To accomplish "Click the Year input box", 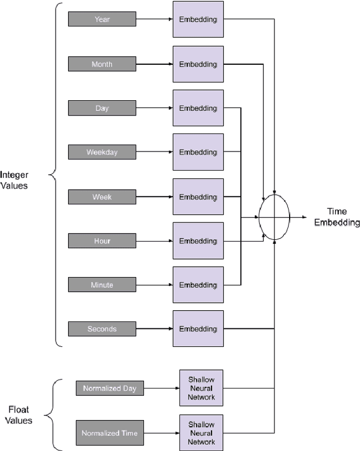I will (102, 19).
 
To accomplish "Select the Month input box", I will (102, 64).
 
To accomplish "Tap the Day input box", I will (102, 108).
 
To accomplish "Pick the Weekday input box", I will (102, 152).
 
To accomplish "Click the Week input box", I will (102, 197).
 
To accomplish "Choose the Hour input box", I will (102, 241).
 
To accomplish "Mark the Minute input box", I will (102, 285).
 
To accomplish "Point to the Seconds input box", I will (102, 329).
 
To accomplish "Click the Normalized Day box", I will (110, 389).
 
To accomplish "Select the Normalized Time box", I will (110, 433).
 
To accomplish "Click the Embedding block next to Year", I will (198, 20).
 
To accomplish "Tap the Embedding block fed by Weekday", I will (198, 152).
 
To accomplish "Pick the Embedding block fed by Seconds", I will (198, 329).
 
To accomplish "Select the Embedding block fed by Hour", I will (198, 241).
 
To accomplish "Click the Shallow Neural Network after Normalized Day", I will (201, 389).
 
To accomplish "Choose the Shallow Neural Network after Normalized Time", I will (201, 433).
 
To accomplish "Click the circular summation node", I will (274, 217).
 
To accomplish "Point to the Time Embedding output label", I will (336, 217).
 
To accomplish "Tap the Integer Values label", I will (14, 180).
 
